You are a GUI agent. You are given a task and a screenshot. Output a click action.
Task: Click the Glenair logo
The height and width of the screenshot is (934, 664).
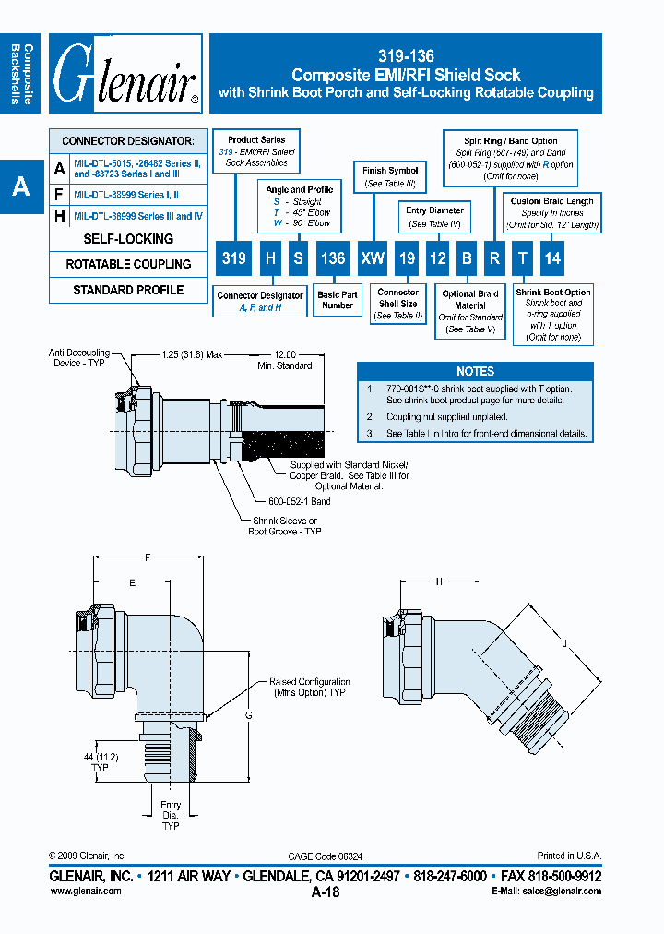pos(126,74)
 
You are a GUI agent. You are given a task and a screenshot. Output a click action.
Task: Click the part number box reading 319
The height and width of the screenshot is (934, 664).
pos(234,258)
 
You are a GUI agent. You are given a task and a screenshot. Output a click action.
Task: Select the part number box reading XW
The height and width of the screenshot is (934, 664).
pos(373,258)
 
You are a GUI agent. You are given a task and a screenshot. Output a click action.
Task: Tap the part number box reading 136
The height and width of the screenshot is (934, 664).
pos(332,258)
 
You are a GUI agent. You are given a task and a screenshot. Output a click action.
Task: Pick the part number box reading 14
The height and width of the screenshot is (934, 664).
pos(551,258)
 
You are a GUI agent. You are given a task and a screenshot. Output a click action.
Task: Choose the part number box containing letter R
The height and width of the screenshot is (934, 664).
pos(494,258)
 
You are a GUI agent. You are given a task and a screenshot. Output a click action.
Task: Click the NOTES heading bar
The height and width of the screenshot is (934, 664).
pos(476,371)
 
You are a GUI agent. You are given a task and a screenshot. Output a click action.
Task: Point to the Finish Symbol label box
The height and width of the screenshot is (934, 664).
pos(390,177)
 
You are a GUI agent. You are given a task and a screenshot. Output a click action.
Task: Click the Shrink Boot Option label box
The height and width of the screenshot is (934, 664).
pos(553,315)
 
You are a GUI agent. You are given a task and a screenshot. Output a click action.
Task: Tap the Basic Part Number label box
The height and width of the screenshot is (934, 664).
pos(338,300)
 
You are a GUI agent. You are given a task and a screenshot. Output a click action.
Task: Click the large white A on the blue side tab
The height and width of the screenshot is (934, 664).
pos(20,187)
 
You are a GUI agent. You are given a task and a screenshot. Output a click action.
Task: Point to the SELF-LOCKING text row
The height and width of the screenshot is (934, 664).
pos(128,239)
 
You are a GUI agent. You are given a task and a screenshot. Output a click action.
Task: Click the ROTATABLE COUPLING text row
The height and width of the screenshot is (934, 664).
pos(128,264)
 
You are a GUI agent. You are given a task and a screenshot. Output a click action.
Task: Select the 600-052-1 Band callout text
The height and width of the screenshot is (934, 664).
pos(299,501)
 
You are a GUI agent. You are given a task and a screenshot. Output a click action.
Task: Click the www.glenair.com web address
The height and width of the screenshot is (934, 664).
pos(85,891)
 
